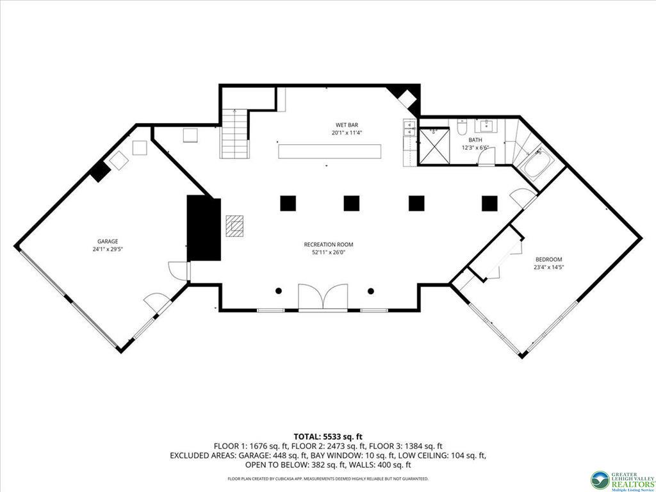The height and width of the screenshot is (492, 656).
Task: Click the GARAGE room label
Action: click(x=108, y=242)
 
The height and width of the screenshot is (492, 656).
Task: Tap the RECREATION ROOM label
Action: click(x=329, y=245)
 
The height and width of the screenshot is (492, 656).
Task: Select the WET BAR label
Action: click(x=347, y=125)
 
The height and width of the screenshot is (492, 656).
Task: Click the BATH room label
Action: click(x=475, y=140)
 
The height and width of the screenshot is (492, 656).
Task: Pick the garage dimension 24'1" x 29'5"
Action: click(x=108, y=249)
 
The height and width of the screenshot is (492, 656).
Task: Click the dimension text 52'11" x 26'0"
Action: click(x=329, y=252)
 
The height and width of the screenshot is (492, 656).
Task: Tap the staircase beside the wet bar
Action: click(x=235, y=133)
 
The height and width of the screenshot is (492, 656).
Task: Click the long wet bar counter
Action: click(x=330, y=151)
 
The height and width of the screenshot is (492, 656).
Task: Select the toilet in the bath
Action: click(x=462, y=127)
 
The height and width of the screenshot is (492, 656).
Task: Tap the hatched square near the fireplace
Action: click(x=234, y=226)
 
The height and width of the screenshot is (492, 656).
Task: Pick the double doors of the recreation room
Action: click(x=323, y=297)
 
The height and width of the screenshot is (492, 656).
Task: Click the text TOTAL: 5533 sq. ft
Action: click(x=328, y=438)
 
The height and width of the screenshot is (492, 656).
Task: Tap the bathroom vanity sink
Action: click(x=487, y=125)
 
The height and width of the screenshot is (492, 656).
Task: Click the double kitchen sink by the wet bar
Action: click(x=408, y=127)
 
